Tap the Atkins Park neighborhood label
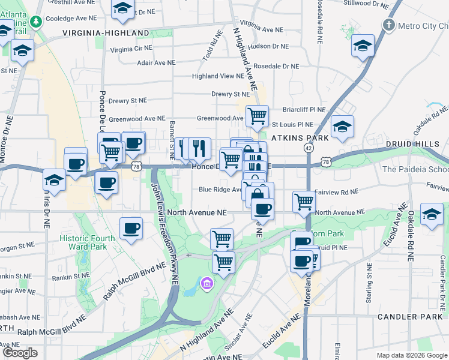coord(300,138)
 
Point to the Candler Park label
coord(410,316)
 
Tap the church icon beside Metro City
coord(389,25)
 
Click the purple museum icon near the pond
coord(207,283)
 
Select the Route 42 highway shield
coord(309,148)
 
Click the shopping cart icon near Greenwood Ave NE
coord(257,116)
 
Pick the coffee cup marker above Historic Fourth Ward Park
coord(131,228)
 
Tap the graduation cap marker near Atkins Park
coord(342,126)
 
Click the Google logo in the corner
coord(20,353)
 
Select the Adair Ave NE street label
coord(156,62)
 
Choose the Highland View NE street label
coord(218,76)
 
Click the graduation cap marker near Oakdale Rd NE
coord(432,214)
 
